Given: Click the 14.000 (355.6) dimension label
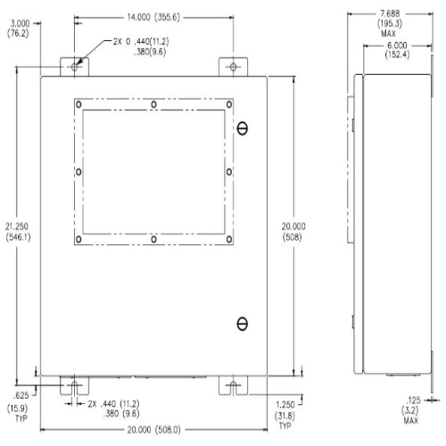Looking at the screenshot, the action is pyautogui.click(x=153, y=17).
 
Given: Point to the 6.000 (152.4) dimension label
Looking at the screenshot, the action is pyautogui.click(x=397, y=50).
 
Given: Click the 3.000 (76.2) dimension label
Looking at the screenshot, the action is pyautogui.click(x=18, y=28).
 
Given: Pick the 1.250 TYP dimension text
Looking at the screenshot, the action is pyautogui.click(x=285, y=415).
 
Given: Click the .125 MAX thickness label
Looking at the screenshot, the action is pyautogui.click(x=411, y=410).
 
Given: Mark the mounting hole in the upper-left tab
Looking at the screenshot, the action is pyautogui.click(x=74, y=67).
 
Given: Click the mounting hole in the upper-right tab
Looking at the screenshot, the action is pyautogui.click(x=233, y=67).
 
